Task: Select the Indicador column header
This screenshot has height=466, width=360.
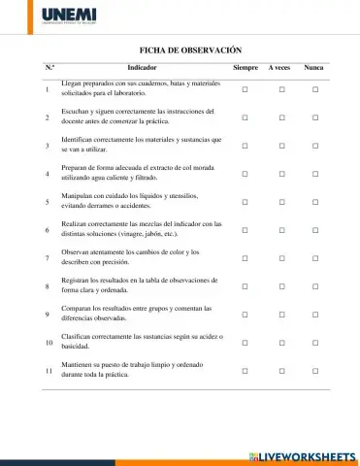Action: pyautogui.click(x=142, y=67)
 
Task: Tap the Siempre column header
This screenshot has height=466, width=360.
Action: pyautogui.click(x=245, y=67)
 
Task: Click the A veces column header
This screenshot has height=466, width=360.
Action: pyautogui.click(x=280, y=67)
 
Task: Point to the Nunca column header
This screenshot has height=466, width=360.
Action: pyautogui.click(x=314, y=67)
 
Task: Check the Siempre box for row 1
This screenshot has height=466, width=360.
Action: pyautogui.click(x=245, y=89)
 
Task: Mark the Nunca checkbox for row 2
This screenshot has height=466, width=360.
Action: pyautogui.click(x=315, y=117)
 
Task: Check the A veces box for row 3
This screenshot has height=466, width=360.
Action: pyautogui.click(x=280, y=146)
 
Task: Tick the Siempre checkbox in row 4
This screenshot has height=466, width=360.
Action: pyautogui.click(x=245, y=174)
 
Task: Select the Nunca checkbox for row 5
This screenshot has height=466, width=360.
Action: pyautogui.click(x=315, y=202)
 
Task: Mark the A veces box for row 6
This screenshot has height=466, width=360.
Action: pyautogui.click(x=280, y=230)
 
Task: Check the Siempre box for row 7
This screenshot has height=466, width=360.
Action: pyautogui.click(x=245, y=258)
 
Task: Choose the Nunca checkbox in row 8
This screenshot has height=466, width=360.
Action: pyautogui.click(x=315, y=286)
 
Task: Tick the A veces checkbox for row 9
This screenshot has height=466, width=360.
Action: pyautogui.click(x=280, y=315)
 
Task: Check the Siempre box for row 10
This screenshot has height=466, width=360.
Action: pyautogui.click(x=245, y=343)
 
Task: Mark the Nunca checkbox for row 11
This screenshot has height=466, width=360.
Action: pyautogui.click(x=315, y=371)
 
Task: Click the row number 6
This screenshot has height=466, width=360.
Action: pyautogui.click(x=48, y=230)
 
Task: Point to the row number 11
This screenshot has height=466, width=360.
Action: pyautogui.click(x=49, y=371)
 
